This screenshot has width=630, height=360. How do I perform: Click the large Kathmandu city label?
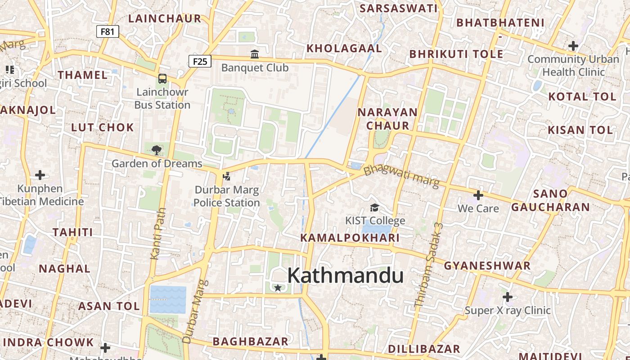coord(345,275)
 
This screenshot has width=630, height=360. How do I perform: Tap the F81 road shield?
coord(108,31)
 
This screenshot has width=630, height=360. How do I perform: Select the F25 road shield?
coord(200,61)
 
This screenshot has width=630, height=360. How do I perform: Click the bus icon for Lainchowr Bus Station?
coord(162,79)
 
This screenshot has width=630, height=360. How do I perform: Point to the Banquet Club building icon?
coord(255,54)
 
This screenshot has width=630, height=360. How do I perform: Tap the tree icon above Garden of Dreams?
coord(156,150)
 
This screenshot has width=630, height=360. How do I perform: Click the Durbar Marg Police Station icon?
coord(226,176)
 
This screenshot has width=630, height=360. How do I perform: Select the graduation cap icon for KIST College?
coord(374,207)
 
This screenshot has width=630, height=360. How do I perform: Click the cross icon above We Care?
coord(478,195)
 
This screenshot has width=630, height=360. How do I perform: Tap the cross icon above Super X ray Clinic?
coord(508,297)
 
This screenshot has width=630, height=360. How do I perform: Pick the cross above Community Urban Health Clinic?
coord(573,45)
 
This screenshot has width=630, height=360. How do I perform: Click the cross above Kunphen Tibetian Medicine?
coord(40,175)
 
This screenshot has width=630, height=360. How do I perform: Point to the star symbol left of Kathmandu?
coord(278,288)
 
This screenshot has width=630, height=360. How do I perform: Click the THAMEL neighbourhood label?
coord(83,75)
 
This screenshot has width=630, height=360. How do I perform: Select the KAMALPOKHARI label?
coord(350,238)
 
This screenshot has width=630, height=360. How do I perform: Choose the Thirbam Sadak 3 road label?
coord(429,265)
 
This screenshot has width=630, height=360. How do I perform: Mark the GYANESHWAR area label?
coord(487,265)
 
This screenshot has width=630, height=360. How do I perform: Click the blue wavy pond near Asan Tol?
coord(168,300)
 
